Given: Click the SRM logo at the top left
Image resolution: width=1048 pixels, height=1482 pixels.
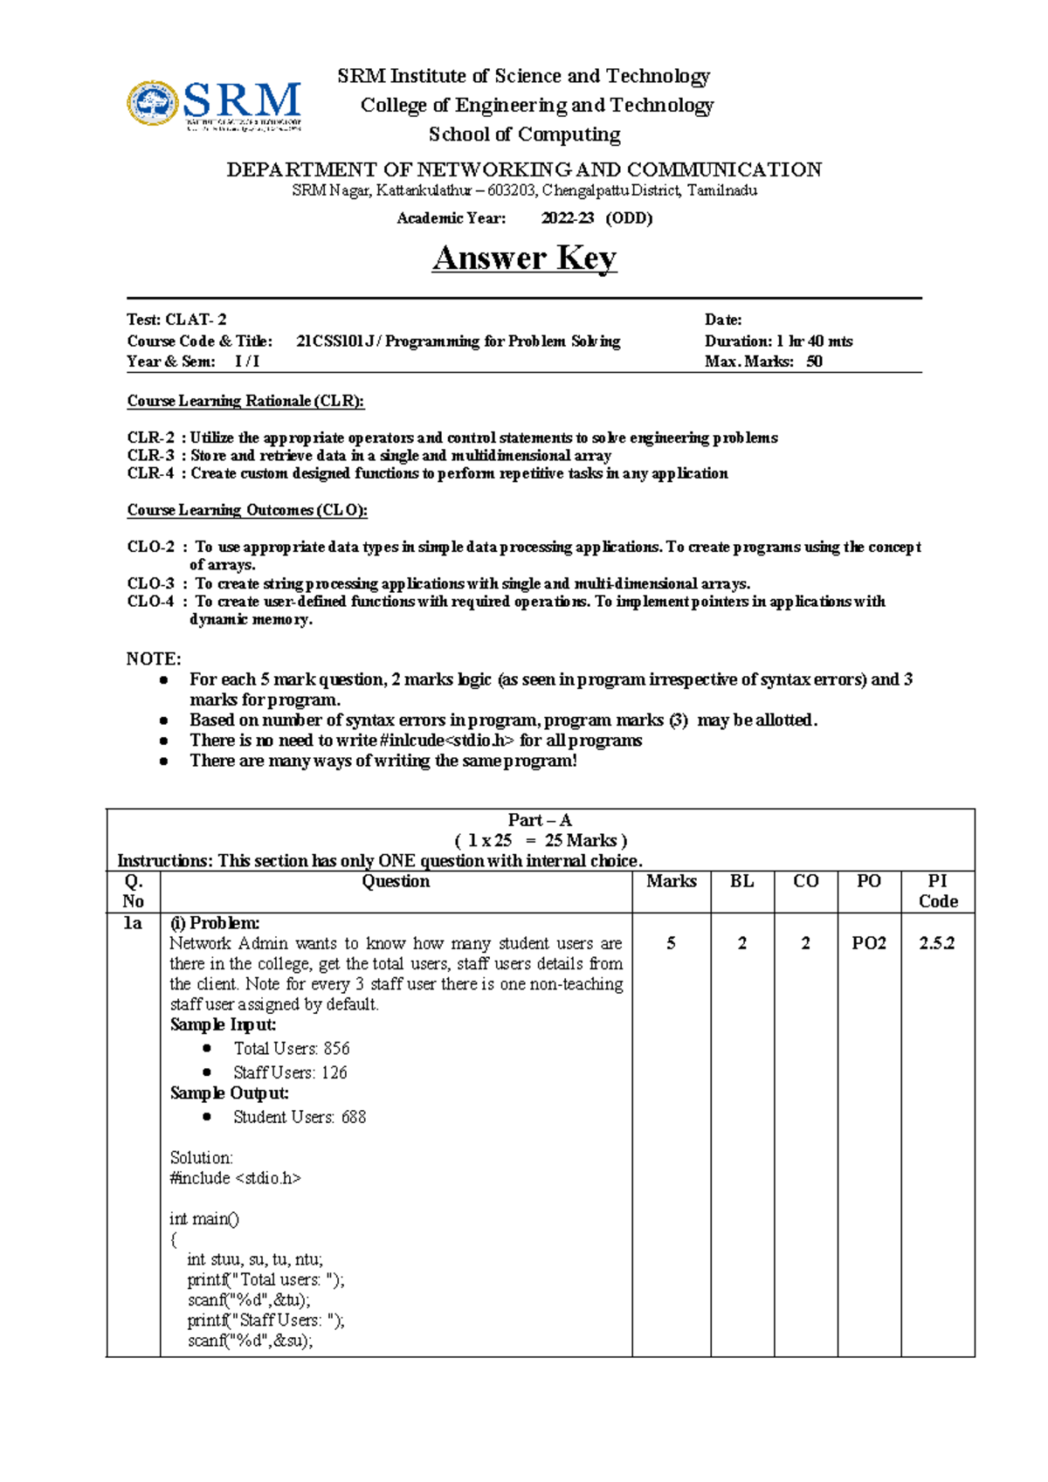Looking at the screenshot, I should pos(215,105).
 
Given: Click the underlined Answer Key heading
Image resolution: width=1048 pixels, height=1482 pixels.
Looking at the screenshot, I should pos(524,258).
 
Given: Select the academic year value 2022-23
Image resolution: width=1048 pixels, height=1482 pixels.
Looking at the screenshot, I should pos(568,218).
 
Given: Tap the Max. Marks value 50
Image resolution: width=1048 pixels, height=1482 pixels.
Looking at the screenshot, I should pos(814,362).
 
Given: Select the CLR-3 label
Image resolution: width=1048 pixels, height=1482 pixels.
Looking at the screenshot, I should pos(150,456).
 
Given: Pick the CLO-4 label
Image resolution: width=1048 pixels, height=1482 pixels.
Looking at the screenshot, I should pos(150,602).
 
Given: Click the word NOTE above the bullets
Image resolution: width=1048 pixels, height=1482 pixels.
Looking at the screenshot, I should pos(154,659).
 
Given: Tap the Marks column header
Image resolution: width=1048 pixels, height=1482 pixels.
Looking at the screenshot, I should pos(671,882).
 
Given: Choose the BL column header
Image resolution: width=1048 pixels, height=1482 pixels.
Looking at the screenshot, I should pos(741,882).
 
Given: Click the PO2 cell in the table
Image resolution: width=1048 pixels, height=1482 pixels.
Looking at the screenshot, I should pos(869,944).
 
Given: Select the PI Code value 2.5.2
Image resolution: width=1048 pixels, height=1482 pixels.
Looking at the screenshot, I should pos(937,944).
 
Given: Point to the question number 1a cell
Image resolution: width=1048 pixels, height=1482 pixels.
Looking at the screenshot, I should pos(133,924).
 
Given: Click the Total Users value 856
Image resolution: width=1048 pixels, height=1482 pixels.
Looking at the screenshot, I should pos(336,1049).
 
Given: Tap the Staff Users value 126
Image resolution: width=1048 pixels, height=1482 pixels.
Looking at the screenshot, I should pos(334,1073).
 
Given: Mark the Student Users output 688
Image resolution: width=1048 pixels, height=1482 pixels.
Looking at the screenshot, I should pos(354,1118).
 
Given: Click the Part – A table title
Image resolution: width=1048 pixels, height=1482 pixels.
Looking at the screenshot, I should pos(540,821).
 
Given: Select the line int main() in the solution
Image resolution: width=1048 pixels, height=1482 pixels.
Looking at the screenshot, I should pos(204,1219).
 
